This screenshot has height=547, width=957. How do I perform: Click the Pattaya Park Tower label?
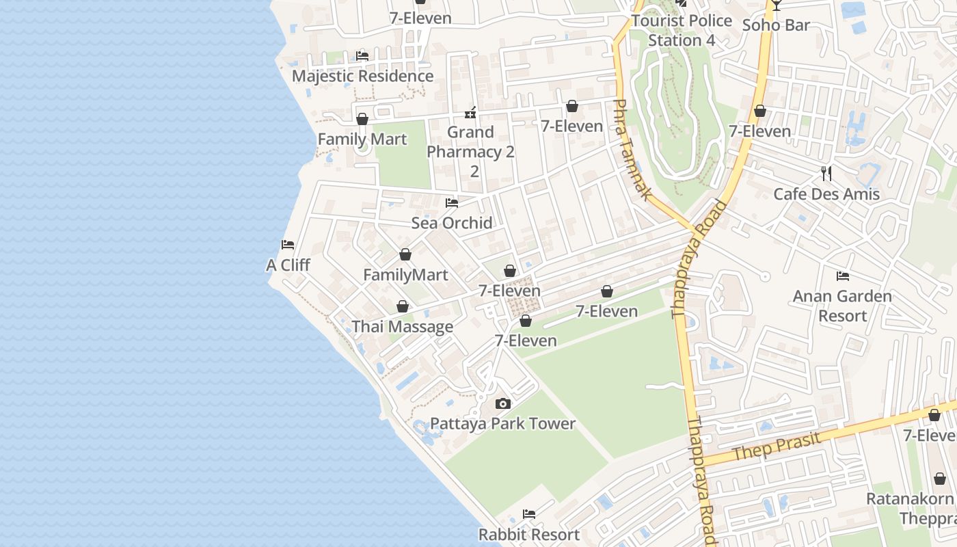pyautogui.click(x=503, y=423)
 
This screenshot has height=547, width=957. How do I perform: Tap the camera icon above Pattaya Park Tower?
pyautogui.click(x=503, y=403)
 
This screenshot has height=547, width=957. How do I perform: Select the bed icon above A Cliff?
pyautogui.click(x=288, y=245)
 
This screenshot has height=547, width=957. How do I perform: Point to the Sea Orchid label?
pyautogui.click(x=452, y=222)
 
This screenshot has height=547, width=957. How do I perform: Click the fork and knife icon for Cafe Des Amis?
pyautogui.click(x=826, y=174)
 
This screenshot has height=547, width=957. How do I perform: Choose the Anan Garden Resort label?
pyautogui.click(x=842, y=306)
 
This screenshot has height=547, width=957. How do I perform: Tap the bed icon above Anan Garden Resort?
pyautogui.click(x=843, y=276)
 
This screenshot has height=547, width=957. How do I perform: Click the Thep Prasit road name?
pyautogui.click(x=776, y=446)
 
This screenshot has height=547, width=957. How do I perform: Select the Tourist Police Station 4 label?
pyautogui.click(x=682, y=30)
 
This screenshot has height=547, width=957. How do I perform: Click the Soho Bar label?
pyautogui.click(x=776, y=25)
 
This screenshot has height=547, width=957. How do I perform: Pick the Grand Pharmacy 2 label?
pyautogui.click(x=471, y=142)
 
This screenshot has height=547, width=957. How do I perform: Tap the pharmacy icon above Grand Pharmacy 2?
pyautogui.click(x=470, y=112)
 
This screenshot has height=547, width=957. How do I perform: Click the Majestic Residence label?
pyautogui.click(x=362, y=76)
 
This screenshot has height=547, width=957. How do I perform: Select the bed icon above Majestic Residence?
pyautogui.click(x=362, y=56)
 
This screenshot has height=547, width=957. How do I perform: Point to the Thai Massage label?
pyautogui.click(x=402, y=327)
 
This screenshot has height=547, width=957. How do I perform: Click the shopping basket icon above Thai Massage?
pyautogui.click(x=403, y=306)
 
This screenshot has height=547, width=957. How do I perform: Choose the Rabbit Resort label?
pyautogui.click(x=529, y=534)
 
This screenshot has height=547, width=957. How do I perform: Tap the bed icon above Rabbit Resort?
pyautogui.click(x=529, y=514)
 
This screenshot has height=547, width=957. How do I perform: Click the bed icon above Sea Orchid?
pyautogui.click(x=452, y=203)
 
